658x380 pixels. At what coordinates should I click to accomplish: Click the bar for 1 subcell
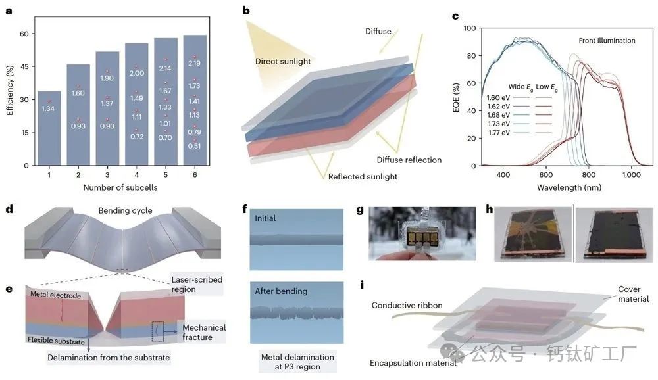click(49, 128)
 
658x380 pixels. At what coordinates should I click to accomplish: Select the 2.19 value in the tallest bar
click(194, 63)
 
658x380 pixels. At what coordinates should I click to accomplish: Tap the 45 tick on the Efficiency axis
click(24, 66)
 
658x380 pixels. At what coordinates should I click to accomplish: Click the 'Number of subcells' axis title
click(120, 187)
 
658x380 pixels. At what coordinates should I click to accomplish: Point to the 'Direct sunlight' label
click(283, 61)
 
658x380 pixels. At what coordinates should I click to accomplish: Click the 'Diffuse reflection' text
click(409, 160)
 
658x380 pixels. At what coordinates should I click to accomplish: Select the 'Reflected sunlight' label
click(363, 177)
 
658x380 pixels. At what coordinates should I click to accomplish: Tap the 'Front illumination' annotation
click(607, 41)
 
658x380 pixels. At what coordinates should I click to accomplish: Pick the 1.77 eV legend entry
click(499, 133)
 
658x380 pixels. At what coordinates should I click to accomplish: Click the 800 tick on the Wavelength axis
click(589, 174)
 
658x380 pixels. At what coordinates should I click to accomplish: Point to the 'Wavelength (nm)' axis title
click(569, 187)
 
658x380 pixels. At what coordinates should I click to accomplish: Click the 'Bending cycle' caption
click(125, 210)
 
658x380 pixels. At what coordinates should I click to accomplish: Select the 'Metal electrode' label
click(55, 295)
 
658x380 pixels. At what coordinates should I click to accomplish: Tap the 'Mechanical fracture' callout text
click(204, 332)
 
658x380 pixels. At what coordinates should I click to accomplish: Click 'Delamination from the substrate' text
click(109, 358)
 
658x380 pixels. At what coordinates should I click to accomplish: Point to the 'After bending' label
click(281, 291)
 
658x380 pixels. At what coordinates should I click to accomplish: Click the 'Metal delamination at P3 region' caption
click(297, 362)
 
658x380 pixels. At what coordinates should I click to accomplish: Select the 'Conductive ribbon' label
click(407, 305)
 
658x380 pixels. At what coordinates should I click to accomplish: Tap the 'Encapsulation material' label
click(413, 363)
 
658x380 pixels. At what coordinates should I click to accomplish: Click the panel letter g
click(360, 210)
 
